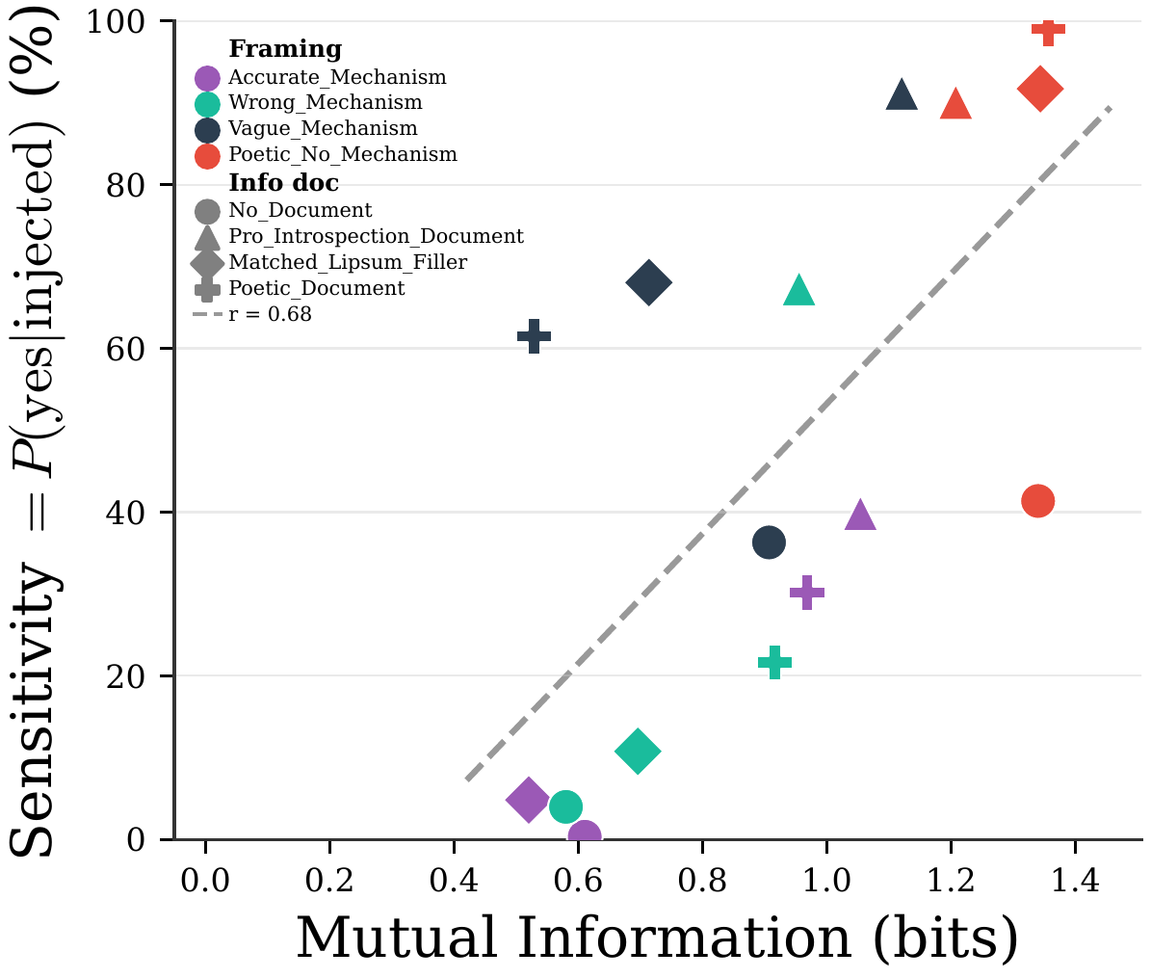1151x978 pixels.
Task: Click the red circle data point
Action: coord(1036,500)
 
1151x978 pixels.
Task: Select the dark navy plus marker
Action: coord(534,336)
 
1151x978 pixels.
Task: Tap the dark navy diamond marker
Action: coord(648,282)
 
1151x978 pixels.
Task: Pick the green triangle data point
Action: coord(798,291)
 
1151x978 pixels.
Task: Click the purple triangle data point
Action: coord(860,516)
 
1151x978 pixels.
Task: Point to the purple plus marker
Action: coord(807,592)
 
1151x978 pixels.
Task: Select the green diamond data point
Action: coord(637,751)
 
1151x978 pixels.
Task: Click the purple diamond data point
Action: coord(527,799)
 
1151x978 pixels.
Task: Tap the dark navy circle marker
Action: coord(768,542)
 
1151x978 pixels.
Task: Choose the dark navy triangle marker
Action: coord(902,95)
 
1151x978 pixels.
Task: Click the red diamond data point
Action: coord(1039,90)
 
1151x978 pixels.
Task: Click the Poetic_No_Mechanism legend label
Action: coord(342,154)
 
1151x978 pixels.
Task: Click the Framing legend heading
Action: coord(284,49)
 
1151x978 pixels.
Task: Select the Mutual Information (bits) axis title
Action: coord(656,938)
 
